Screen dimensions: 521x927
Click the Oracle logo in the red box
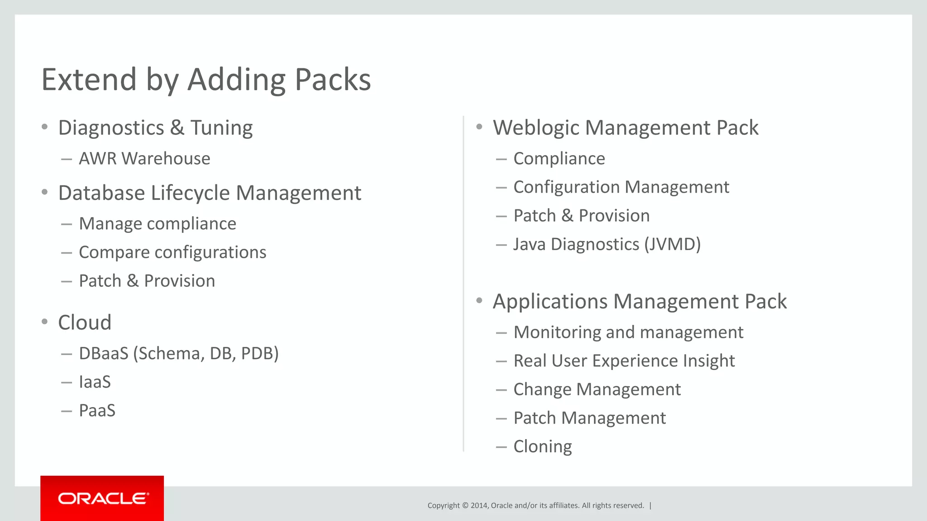pyautogui.click(x=103, y=498)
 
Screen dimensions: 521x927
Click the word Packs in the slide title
pyautogui.click(x=333, y=80)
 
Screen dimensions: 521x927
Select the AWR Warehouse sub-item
pyautogui.click(x=144, y=159)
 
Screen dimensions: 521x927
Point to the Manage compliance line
pyautogui.click(x=158, y=224)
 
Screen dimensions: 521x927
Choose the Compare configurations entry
pyautogui.click(x=172, y=252)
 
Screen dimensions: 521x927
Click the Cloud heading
pyautogui.click(x=85, y=322)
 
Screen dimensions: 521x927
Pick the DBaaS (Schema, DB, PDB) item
pyautogui.click(x=179, y=354)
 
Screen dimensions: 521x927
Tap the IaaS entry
pyautogui.click(x=95, y=382)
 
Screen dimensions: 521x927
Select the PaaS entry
pyautogui.click(x=97, y=411)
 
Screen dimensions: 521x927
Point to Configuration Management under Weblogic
pyautogui.click(x=621, y=187)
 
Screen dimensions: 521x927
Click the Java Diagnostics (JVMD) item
pyautogui.click(x=607, y=244)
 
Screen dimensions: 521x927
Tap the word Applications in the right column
pyautogui.click(x=550, y=302)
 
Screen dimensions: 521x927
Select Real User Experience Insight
pyautogui.click(x=624, y=361)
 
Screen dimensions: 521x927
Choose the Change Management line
pyautogui.click(x=597, y=389)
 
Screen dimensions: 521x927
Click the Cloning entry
pyautogui.click(x=542, y=447)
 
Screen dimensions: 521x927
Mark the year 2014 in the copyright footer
pyautogui.click(x=479, y=506)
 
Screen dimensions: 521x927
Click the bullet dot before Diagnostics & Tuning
pyautogui.click(x=44, y=127)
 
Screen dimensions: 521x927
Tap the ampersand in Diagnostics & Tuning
pyautogui.click(x=177, y=128)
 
